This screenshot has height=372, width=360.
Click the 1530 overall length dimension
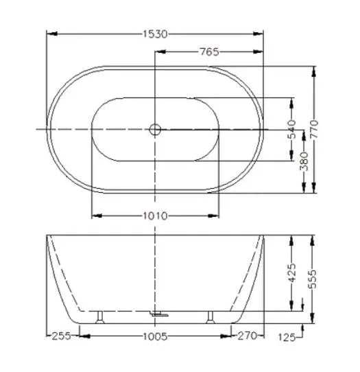point(155,33)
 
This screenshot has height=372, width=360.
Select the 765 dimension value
point(210,51)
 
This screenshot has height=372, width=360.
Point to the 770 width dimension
point(314,129)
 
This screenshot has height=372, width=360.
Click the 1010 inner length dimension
point(155,216)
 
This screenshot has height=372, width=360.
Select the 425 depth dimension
point(292,272)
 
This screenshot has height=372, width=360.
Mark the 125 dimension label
point(287,336)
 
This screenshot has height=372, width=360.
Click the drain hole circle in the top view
point(155,128)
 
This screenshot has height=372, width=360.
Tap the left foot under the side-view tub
point(101,316)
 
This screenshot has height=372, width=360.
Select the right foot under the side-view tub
point(210,316)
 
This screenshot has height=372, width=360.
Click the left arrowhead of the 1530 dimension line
point(50,33)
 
